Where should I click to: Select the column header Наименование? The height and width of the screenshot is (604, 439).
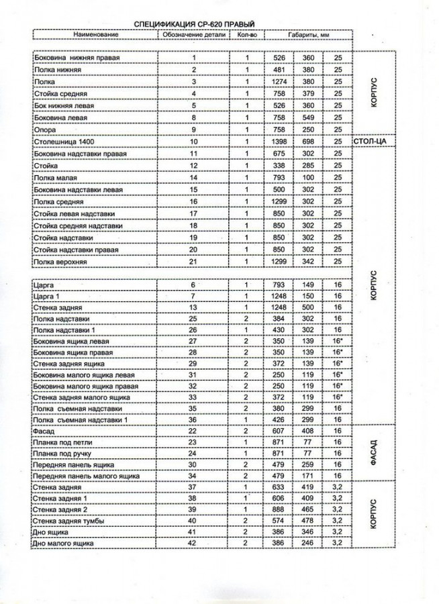pyautogui.click(x=96, y=34)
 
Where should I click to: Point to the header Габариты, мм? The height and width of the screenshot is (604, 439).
pyautogui.click(x=307, y=34)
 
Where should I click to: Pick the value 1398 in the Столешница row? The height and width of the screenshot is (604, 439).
pyautogui.click(x=280, y=142)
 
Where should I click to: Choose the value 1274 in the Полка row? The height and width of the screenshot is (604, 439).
pyautogui.click(x=280, y=82)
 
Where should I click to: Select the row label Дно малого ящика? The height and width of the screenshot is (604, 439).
pyautogui.click(x=64, y=542)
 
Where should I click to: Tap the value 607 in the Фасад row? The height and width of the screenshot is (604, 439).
pyautogui.click(x=280, y=431)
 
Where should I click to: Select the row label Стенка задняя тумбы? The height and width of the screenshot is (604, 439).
pyautogui.click(x=69, y=519)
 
